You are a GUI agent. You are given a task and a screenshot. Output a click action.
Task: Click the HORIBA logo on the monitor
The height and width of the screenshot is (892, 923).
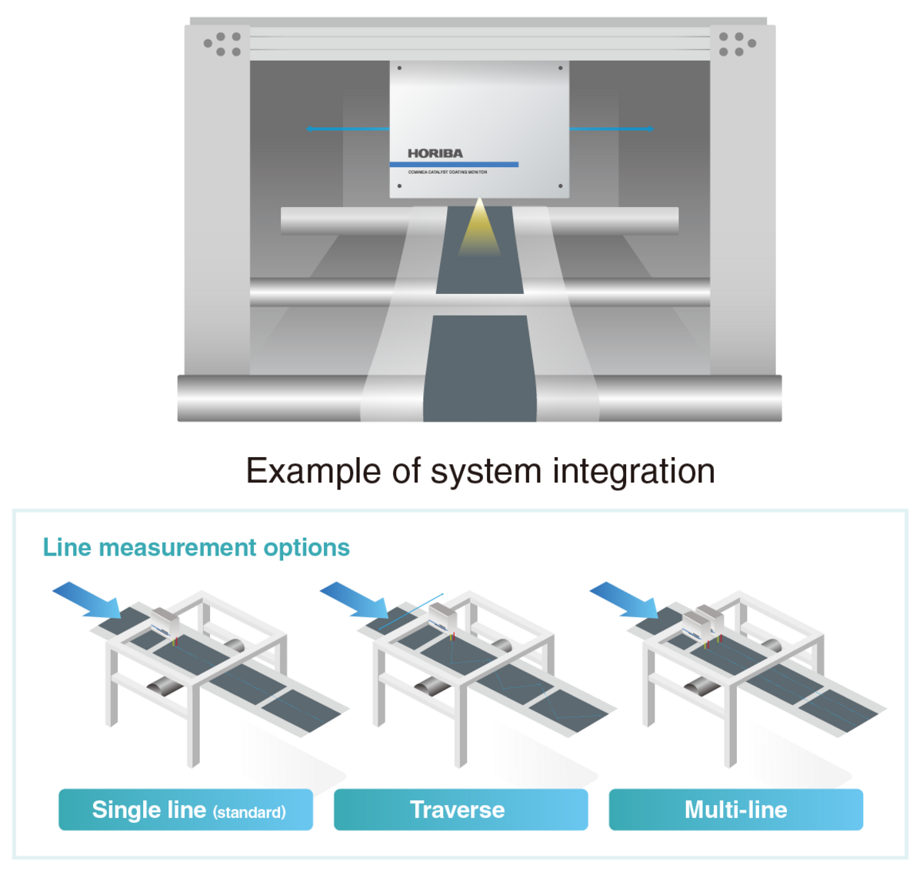coord(435,153)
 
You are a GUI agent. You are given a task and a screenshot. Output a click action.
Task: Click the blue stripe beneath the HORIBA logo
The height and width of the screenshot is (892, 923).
coord(454,165)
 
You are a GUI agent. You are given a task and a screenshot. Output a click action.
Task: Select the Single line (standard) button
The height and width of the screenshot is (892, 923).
coord(185,810)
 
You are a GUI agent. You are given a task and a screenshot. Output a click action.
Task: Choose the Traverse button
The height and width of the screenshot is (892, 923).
coord(460,810)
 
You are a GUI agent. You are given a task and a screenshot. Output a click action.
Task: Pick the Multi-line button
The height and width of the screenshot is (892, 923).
coord(735,810)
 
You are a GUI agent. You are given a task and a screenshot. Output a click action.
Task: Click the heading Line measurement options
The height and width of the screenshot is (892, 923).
coord(196,547)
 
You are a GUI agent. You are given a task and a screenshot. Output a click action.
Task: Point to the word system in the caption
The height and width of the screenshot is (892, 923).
coord(486,471)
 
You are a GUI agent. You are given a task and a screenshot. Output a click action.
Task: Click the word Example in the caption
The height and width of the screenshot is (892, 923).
coord(313,471)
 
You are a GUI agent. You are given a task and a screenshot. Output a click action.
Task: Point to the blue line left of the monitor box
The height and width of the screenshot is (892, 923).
coord(348,129)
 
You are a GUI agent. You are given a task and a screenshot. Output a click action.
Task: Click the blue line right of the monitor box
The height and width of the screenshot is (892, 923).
coord(611,129)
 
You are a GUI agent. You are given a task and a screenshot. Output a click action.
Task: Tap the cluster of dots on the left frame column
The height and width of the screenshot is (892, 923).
coord(222,44)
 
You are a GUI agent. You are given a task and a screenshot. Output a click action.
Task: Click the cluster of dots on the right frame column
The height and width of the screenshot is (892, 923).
coord(736,44)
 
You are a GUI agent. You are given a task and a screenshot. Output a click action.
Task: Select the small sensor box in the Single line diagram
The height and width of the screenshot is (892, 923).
coord(165,620)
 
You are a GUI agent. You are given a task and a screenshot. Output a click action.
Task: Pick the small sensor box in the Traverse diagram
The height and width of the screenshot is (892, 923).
coord(442,616)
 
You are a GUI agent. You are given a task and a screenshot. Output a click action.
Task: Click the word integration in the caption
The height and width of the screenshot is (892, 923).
coord(634,471)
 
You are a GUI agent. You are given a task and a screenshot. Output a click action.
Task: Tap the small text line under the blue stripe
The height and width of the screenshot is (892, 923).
coord(447,172)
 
